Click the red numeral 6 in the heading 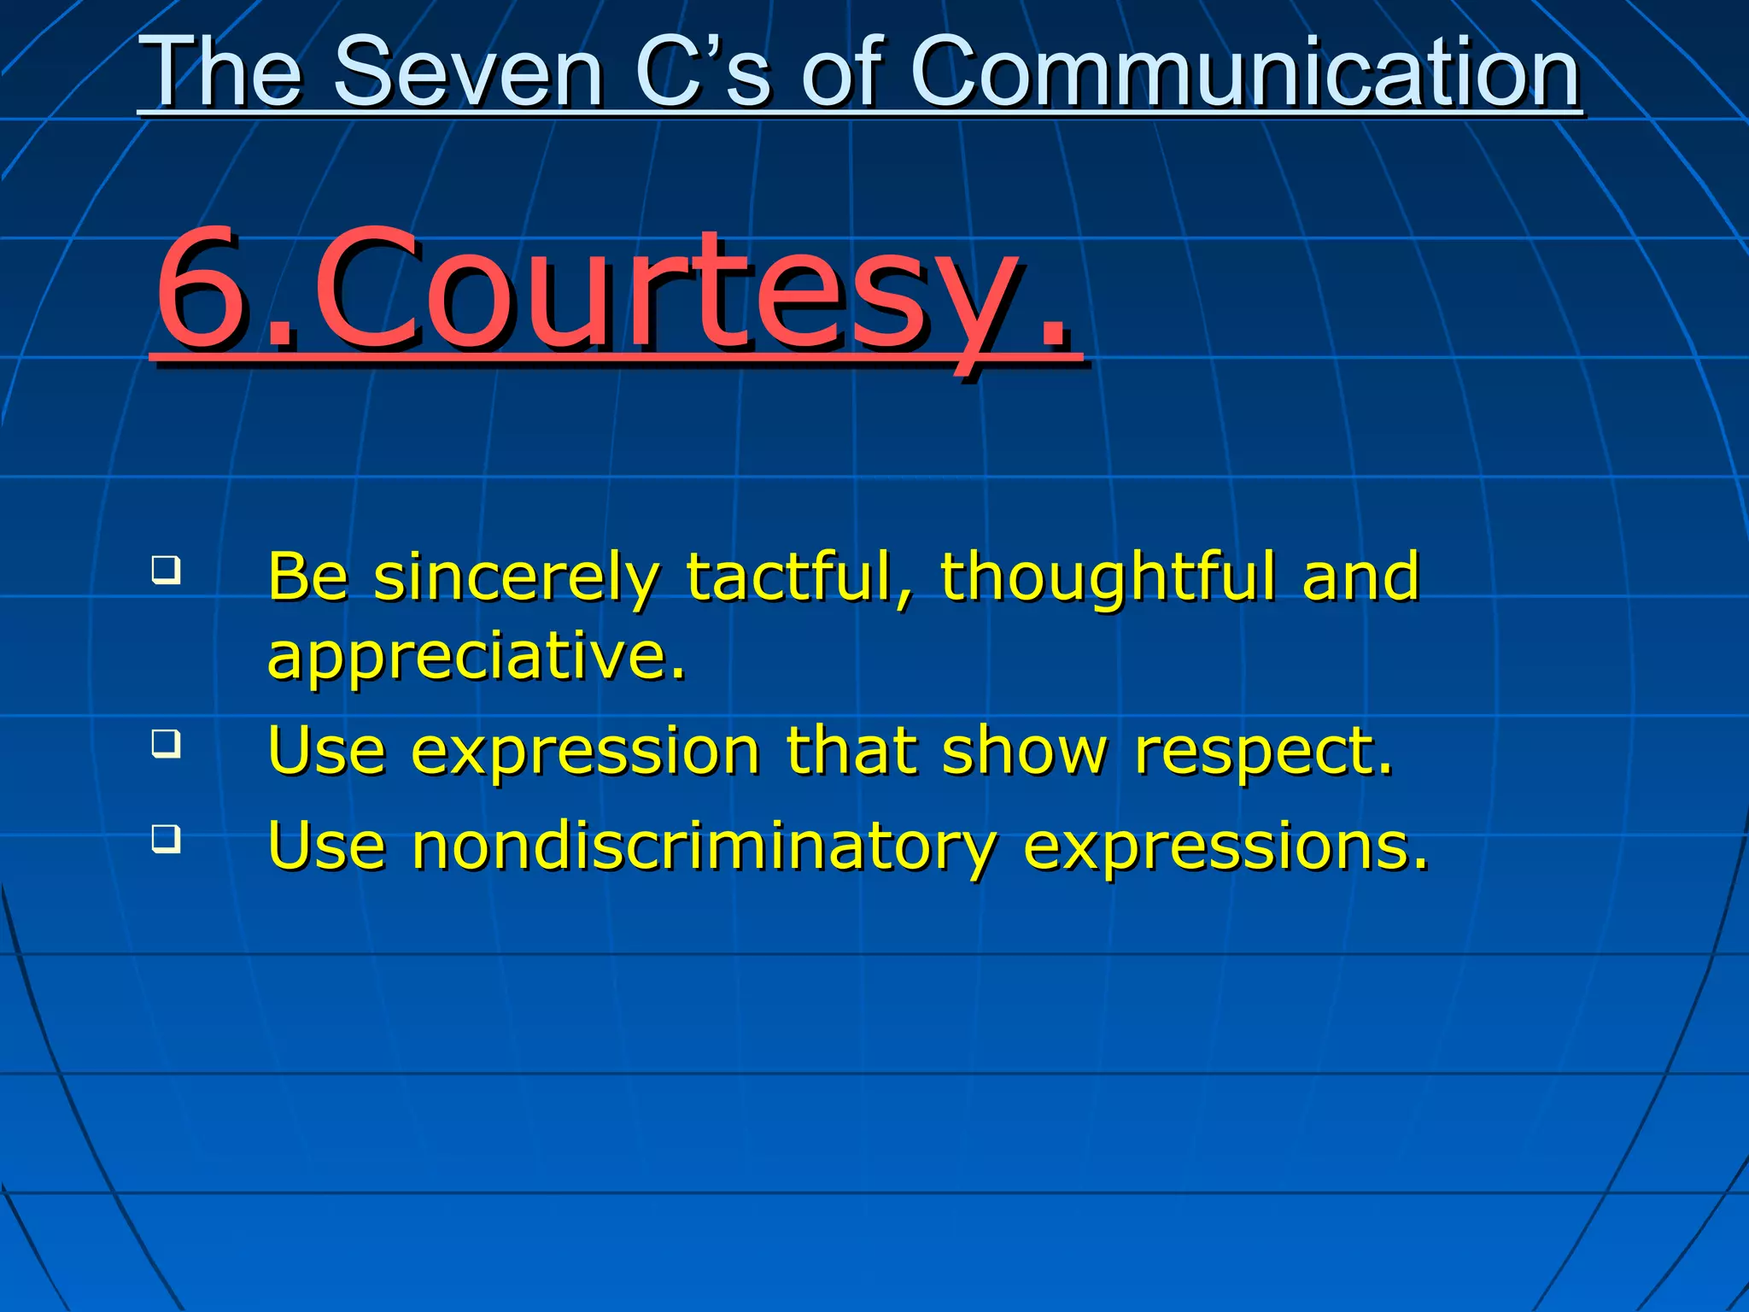pos(205,290)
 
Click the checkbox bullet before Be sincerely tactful pos(167,570)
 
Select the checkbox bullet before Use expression pos(167,742)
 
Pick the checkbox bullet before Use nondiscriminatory pos(167,838)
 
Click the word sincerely pos(516,579)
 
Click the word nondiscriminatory pos(704,847)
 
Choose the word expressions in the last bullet pos(1225,847)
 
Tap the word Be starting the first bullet pos(308,577)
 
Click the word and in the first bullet pos(1361,577)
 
